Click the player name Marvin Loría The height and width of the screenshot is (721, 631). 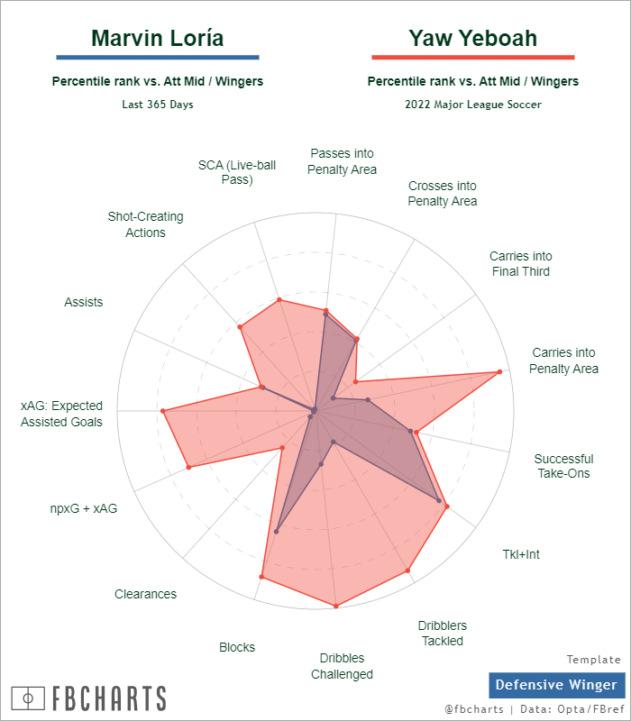[158, 38]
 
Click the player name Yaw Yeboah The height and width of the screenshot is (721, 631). [472, 38]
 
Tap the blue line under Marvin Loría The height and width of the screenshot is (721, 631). [158, 57]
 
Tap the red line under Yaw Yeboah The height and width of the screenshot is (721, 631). [472, 57]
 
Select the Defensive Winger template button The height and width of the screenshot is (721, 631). [556, 685]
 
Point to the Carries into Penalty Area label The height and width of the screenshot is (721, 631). [563, 360]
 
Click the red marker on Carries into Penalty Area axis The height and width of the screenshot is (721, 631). [498, 371]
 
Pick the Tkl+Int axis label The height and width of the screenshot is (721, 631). [521, 554]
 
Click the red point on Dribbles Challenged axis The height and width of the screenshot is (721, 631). [335, 606]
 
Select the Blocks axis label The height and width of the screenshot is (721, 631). [237, 647]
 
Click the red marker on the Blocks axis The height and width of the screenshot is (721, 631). [261, 576]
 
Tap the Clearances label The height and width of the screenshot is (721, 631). [145, 594]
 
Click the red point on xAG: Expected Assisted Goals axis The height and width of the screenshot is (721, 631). [163, 412]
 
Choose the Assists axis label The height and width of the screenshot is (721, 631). [84, 302]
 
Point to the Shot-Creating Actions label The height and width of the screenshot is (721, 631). [145, 224]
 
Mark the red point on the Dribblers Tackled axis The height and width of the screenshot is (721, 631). [407, 570]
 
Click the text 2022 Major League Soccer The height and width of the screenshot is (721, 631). [473, 105]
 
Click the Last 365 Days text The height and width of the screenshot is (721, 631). [158, 105]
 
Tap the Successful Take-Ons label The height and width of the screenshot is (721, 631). [563, 466]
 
